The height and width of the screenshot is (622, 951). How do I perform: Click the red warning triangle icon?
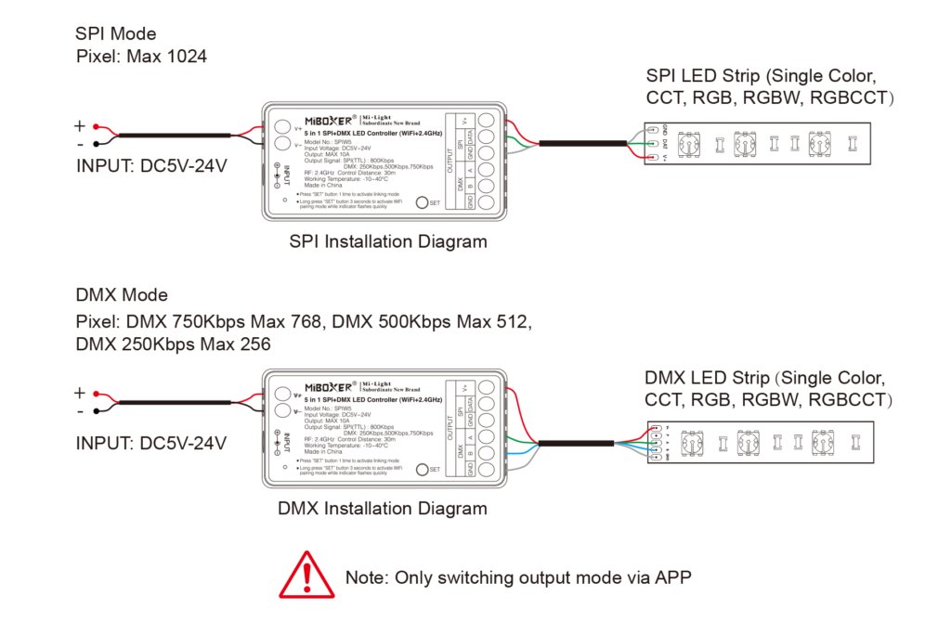pos(306,576)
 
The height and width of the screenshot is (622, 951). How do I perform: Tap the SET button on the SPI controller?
pos(422,202)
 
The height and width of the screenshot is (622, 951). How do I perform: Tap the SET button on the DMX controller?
pos(422,469)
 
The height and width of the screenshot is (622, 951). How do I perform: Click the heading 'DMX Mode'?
pos(122,295)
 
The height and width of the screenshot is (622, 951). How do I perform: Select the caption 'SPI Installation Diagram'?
pos(388,241)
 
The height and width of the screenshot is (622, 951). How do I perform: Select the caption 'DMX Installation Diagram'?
pos(382,508)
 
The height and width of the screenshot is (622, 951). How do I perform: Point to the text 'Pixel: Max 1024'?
pos(141,57)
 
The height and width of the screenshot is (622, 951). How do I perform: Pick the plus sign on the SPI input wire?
pos(80,126)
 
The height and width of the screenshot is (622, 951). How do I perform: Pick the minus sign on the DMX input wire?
pos(80,411)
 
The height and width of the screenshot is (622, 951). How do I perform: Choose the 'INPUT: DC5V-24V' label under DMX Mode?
pos(151,442)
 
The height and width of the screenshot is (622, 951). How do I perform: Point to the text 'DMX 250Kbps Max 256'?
pos(173,344)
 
